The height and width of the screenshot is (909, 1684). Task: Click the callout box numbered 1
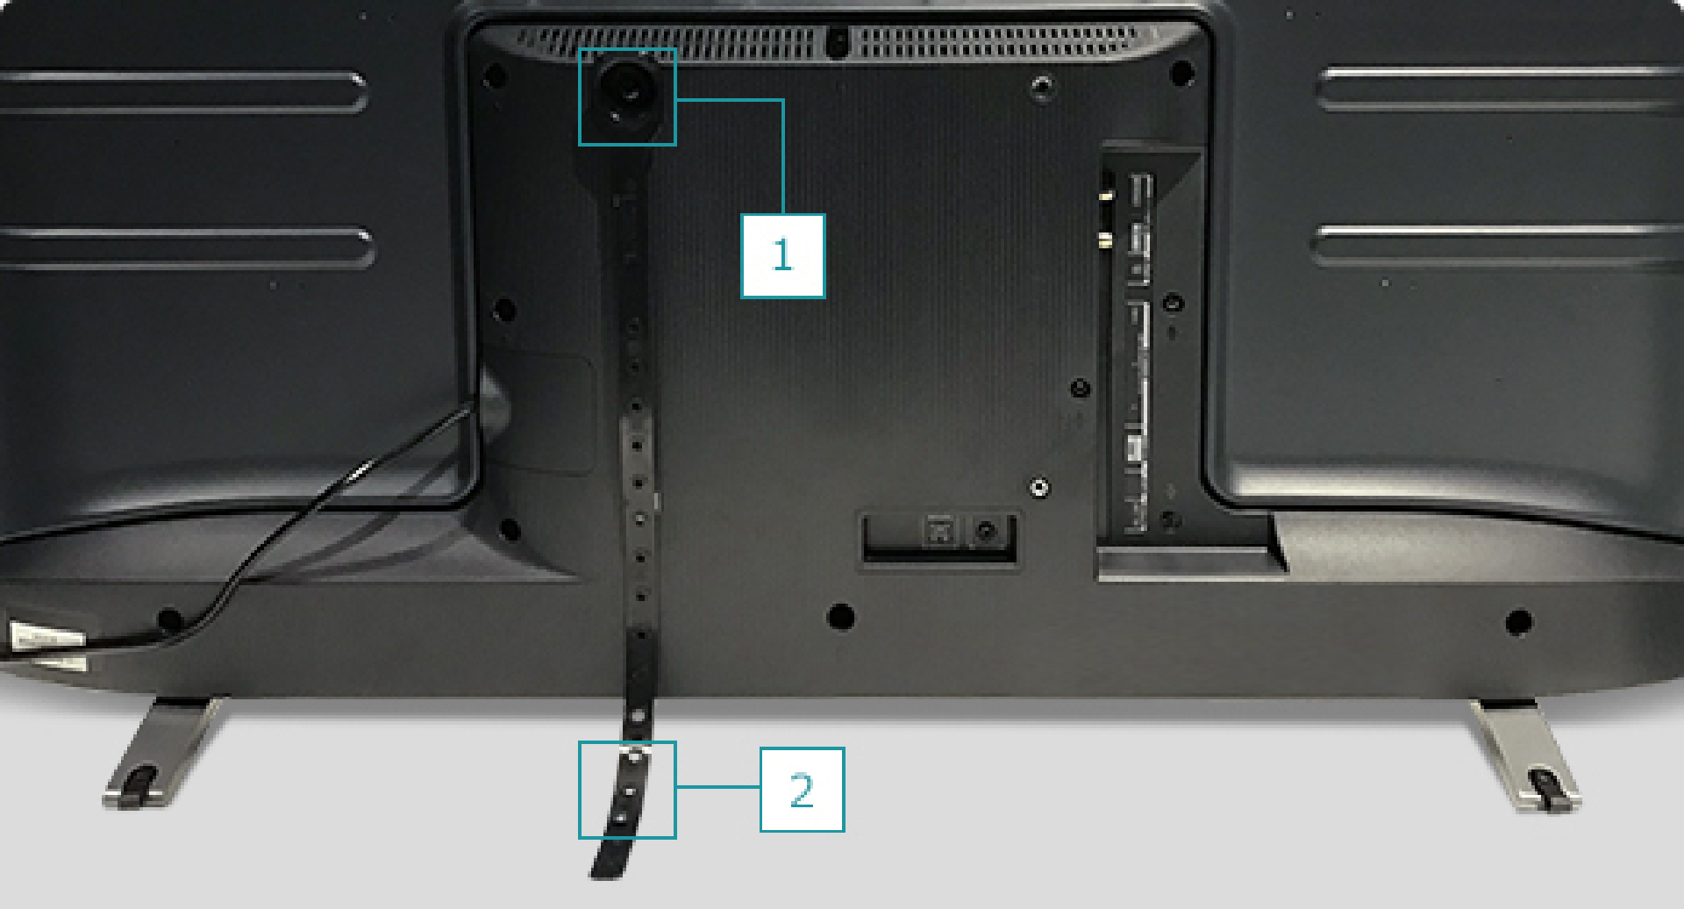(x=782, y=255)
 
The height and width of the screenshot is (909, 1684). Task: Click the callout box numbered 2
(x=802, y=789)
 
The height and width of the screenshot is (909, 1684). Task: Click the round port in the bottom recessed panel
(x=987, y=531)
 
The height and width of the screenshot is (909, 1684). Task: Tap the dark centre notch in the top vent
(x=837, y=40)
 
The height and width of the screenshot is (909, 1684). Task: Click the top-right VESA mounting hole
(x=1181, y=72)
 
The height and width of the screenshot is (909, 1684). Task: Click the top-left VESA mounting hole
(x=495, y=75)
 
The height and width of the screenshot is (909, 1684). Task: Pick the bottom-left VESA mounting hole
(x=509, y=529)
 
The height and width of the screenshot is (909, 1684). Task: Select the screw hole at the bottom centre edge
(x=840, y=616)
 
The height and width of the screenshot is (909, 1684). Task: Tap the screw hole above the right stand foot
(x=1518, y=622)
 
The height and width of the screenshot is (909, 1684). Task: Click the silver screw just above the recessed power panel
(x=1039, y=487)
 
